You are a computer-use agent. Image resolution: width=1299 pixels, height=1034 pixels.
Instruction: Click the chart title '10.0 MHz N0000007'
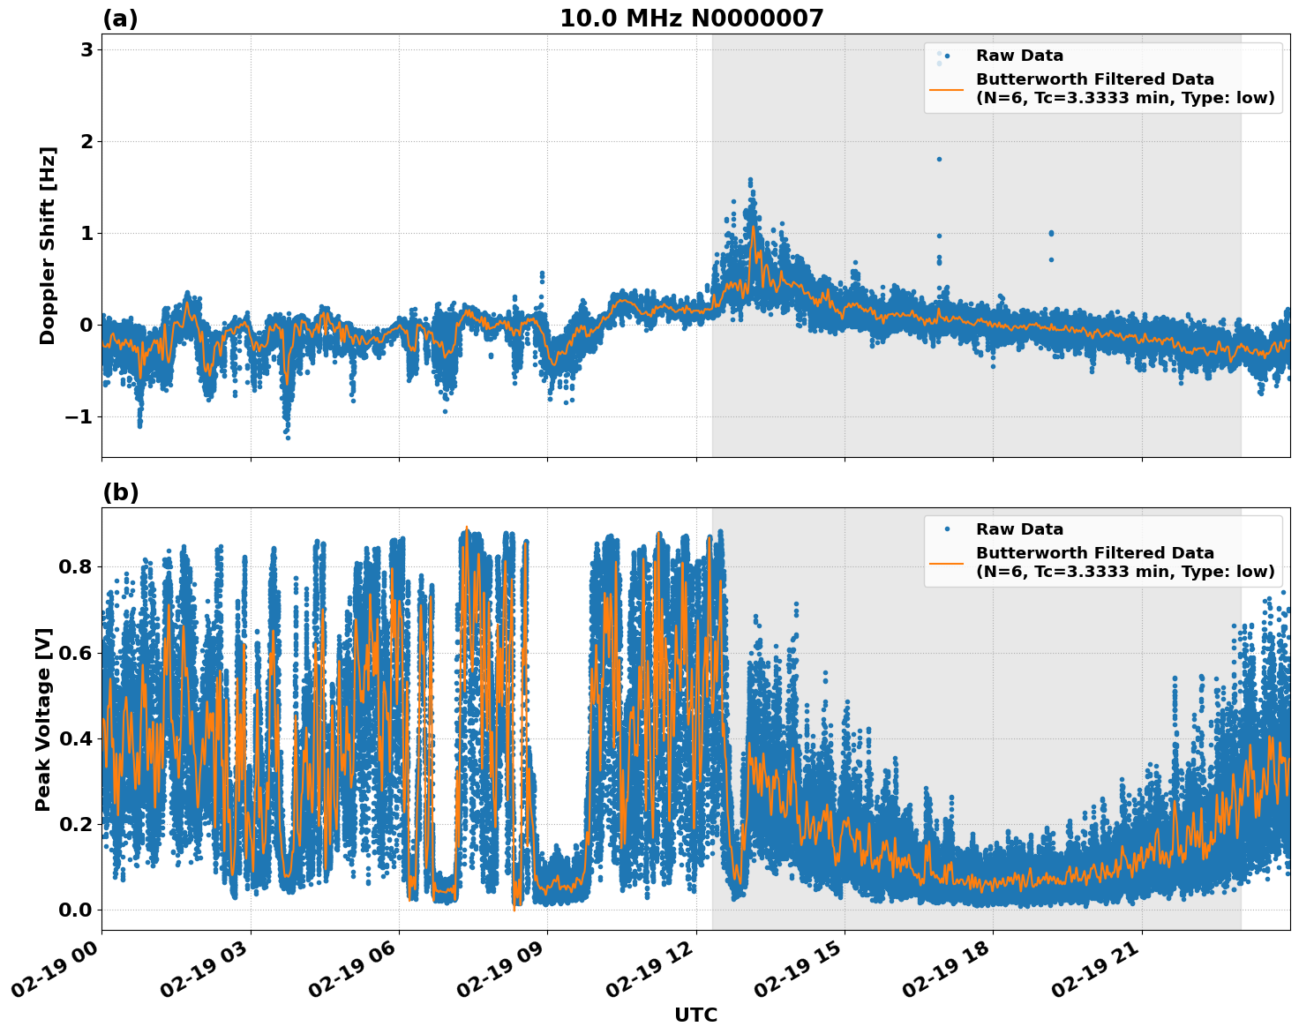pos(691,19)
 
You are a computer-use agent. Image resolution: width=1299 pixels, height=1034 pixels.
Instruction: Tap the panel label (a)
pos(120,19)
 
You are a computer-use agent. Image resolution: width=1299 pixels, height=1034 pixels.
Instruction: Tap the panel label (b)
pos(120,492)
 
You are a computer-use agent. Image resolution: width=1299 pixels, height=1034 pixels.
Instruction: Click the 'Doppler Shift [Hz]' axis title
pos(48,245)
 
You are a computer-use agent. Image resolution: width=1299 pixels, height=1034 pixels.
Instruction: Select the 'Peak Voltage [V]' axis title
pos(44,719)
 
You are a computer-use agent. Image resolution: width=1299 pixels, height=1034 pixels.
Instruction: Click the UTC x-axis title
pos(695,1015)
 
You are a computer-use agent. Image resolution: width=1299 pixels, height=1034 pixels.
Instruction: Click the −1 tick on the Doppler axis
pos(79,417)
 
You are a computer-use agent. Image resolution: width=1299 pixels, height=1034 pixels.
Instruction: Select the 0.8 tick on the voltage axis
pos(75,566)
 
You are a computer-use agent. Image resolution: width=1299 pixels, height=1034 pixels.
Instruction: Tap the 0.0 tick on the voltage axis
pos(75,910)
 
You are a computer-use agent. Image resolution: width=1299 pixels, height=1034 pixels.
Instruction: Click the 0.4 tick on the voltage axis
pos(75,738)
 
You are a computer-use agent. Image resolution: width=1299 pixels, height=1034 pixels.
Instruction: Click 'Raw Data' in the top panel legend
pos(1019,56)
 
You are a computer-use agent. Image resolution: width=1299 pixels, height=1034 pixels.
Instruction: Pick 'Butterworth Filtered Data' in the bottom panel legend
pos(1094,553)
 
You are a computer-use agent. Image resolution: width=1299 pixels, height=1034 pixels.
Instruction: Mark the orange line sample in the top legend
pos(946,89)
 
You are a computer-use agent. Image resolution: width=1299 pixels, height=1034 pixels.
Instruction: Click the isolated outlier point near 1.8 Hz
pos(939,159)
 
